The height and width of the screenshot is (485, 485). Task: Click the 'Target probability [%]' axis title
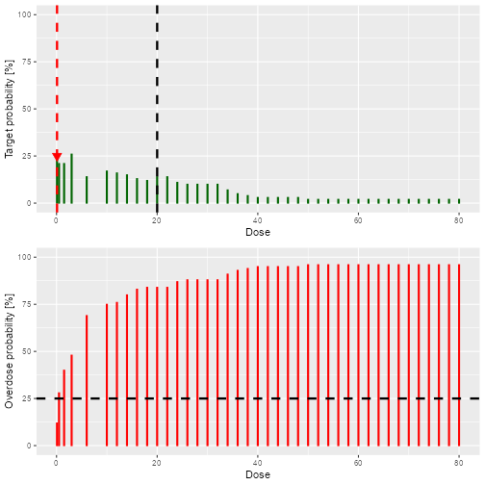pos(10,109)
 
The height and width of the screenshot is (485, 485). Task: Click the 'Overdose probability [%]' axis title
pos(10,351)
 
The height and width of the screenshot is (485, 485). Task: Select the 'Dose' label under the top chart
pos(257,232)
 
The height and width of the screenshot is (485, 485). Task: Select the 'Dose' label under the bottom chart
pos(257,474)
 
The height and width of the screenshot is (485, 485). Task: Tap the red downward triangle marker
pos(57,157)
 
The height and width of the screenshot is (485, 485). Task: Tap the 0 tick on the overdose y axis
pos(33,446)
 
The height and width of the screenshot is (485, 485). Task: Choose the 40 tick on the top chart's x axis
pos(257,220)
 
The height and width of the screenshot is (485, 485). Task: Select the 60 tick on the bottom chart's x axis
pos(358,463)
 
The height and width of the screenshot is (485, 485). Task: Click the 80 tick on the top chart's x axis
pos(459,220)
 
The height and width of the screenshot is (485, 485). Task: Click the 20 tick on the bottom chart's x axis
pos(157,463)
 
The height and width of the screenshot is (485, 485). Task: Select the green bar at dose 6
pos(87,190)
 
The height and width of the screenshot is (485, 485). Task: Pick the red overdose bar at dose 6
pos(87,380)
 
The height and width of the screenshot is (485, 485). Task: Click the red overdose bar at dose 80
pos(459,355)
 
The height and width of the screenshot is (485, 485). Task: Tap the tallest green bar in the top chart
pos(71,179)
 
